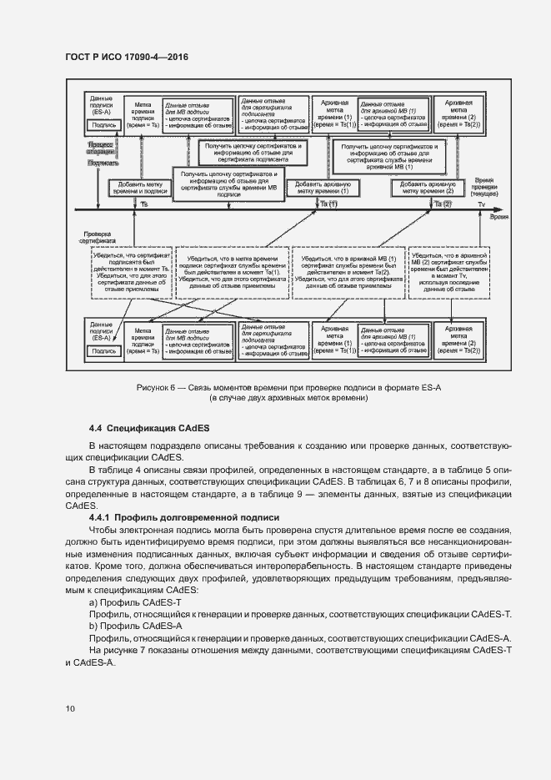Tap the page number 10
[70, 709]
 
